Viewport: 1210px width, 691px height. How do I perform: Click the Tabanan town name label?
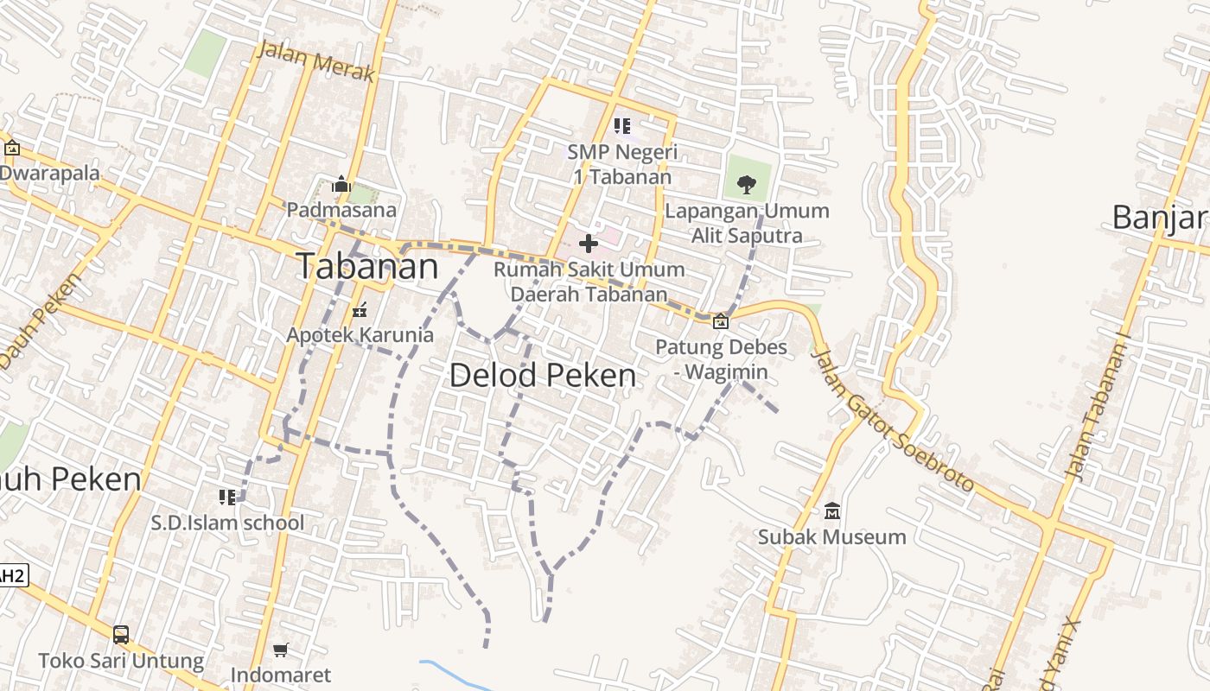coord(367,266)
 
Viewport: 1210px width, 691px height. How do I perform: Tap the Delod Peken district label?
coord(543,375)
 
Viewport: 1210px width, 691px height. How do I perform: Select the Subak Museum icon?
coord(831,511)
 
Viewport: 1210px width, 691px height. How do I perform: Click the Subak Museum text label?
coord(831,536)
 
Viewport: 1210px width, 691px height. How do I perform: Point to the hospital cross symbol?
coord(589,244)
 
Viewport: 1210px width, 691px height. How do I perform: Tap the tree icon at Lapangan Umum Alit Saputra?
coord(746,184)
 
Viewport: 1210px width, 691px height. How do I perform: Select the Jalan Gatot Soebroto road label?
coord(894,420)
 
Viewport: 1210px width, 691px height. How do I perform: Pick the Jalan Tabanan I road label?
coord(1098,411)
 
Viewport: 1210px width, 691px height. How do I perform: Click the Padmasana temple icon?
coord(341,185)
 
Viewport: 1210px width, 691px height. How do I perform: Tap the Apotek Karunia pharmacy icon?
coord(360,310)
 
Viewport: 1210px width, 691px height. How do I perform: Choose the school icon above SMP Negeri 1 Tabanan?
coord(621,126)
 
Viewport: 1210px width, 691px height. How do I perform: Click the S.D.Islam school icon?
coord(227,497)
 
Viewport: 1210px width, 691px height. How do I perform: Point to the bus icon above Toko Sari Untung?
coord(121,635)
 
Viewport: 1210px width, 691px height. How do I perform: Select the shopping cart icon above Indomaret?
coord(280,650)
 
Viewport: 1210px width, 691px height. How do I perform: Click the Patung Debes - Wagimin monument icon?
coord(720,322)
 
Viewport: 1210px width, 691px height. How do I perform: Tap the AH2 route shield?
coord(12,575)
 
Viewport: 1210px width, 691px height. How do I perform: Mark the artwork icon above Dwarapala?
coord(12,148)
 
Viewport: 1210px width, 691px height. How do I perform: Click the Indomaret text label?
coord(281,675)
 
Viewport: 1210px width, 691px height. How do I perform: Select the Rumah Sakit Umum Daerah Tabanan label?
coord(589,282)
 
